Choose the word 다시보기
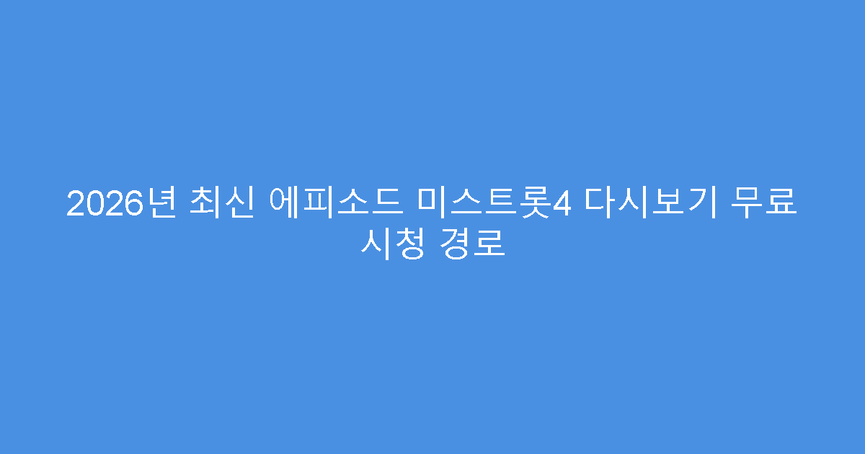tap(650, 203)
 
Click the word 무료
tap(764, 203)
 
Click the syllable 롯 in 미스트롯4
tap(537, 203)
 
